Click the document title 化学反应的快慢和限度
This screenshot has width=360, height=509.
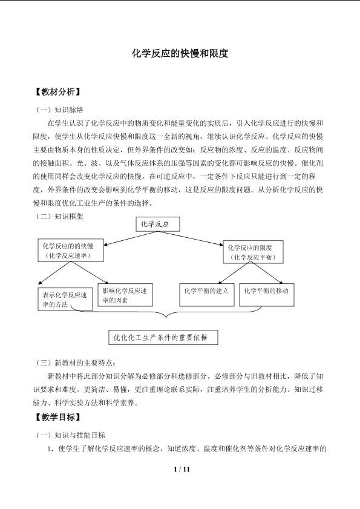pos(180,53)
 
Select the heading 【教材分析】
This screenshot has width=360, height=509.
pos(57,92)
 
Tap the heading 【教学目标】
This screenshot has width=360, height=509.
pos(57,417)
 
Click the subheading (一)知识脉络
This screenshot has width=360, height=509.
pos(59,110)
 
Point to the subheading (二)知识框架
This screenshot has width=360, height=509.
pos(59,216)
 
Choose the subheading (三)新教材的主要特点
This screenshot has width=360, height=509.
pos(75,363)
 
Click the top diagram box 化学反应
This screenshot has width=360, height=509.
pos(158,225)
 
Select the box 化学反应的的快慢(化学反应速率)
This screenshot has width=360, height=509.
pos(71,251)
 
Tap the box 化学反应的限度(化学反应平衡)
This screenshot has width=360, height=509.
pos(253,252)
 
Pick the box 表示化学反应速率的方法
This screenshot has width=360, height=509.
pos(65,300)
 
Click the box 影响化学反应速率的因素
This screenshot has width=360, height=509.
pos(125,295)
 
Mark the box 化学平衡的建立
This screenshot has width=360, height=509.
pos(207,295)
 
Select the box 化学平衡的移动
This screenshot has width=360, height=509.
pos(267,295)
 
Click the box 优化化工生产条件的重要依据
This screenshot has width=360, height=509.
pos(163,338)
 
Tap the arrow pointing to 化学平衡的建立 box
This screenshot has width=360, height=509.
pos(234,273)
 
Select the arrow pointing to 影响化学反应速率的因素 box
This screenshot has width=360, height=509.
pos(90,273)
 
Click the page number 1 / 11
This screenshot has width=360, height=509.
pos(182,469)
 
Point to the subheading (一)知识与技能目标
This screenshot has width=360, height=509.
pos(70,435)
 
